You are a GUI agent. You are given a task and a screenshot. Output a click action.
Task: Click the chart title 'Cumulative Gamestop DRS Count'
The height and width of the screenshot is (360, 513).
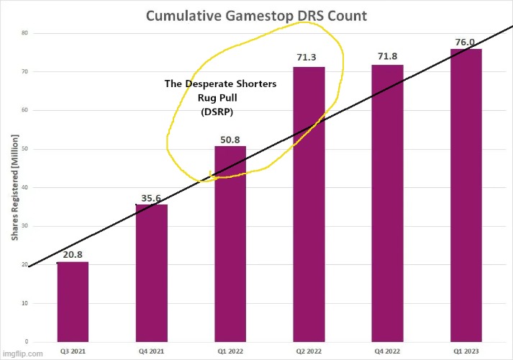coord(256,16)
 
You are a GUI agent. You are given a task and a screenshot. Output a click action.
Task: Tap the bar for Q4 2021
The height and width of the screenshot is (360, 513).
coord(151,273)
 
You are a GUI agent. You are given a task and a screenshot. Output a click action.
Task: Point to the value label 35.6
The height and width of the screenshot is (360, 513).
coord(151,198)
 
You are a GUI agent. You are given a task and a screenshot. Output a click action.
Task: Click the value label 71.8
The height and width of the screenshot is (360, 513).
coord(387,57)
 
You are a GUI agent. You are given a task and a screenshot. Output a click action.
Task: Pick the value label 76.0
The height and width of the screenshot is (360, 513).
coord(465,42)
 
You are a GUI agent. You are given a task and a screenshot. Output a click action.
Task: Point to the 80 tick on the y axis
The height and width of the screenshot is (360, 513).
coord(24,33)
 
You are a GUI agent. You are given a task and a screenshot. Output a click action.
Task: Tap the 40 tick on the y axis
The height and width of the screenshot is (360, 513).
coord(24,188)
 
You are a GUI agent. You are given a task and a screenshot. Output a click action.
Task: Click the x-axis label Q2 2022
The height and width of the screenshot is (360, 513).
coord(309,352)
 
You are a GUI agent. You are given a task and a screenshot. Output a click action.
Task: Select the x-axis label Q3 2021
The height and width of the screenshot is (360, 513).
coord(73,352)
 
